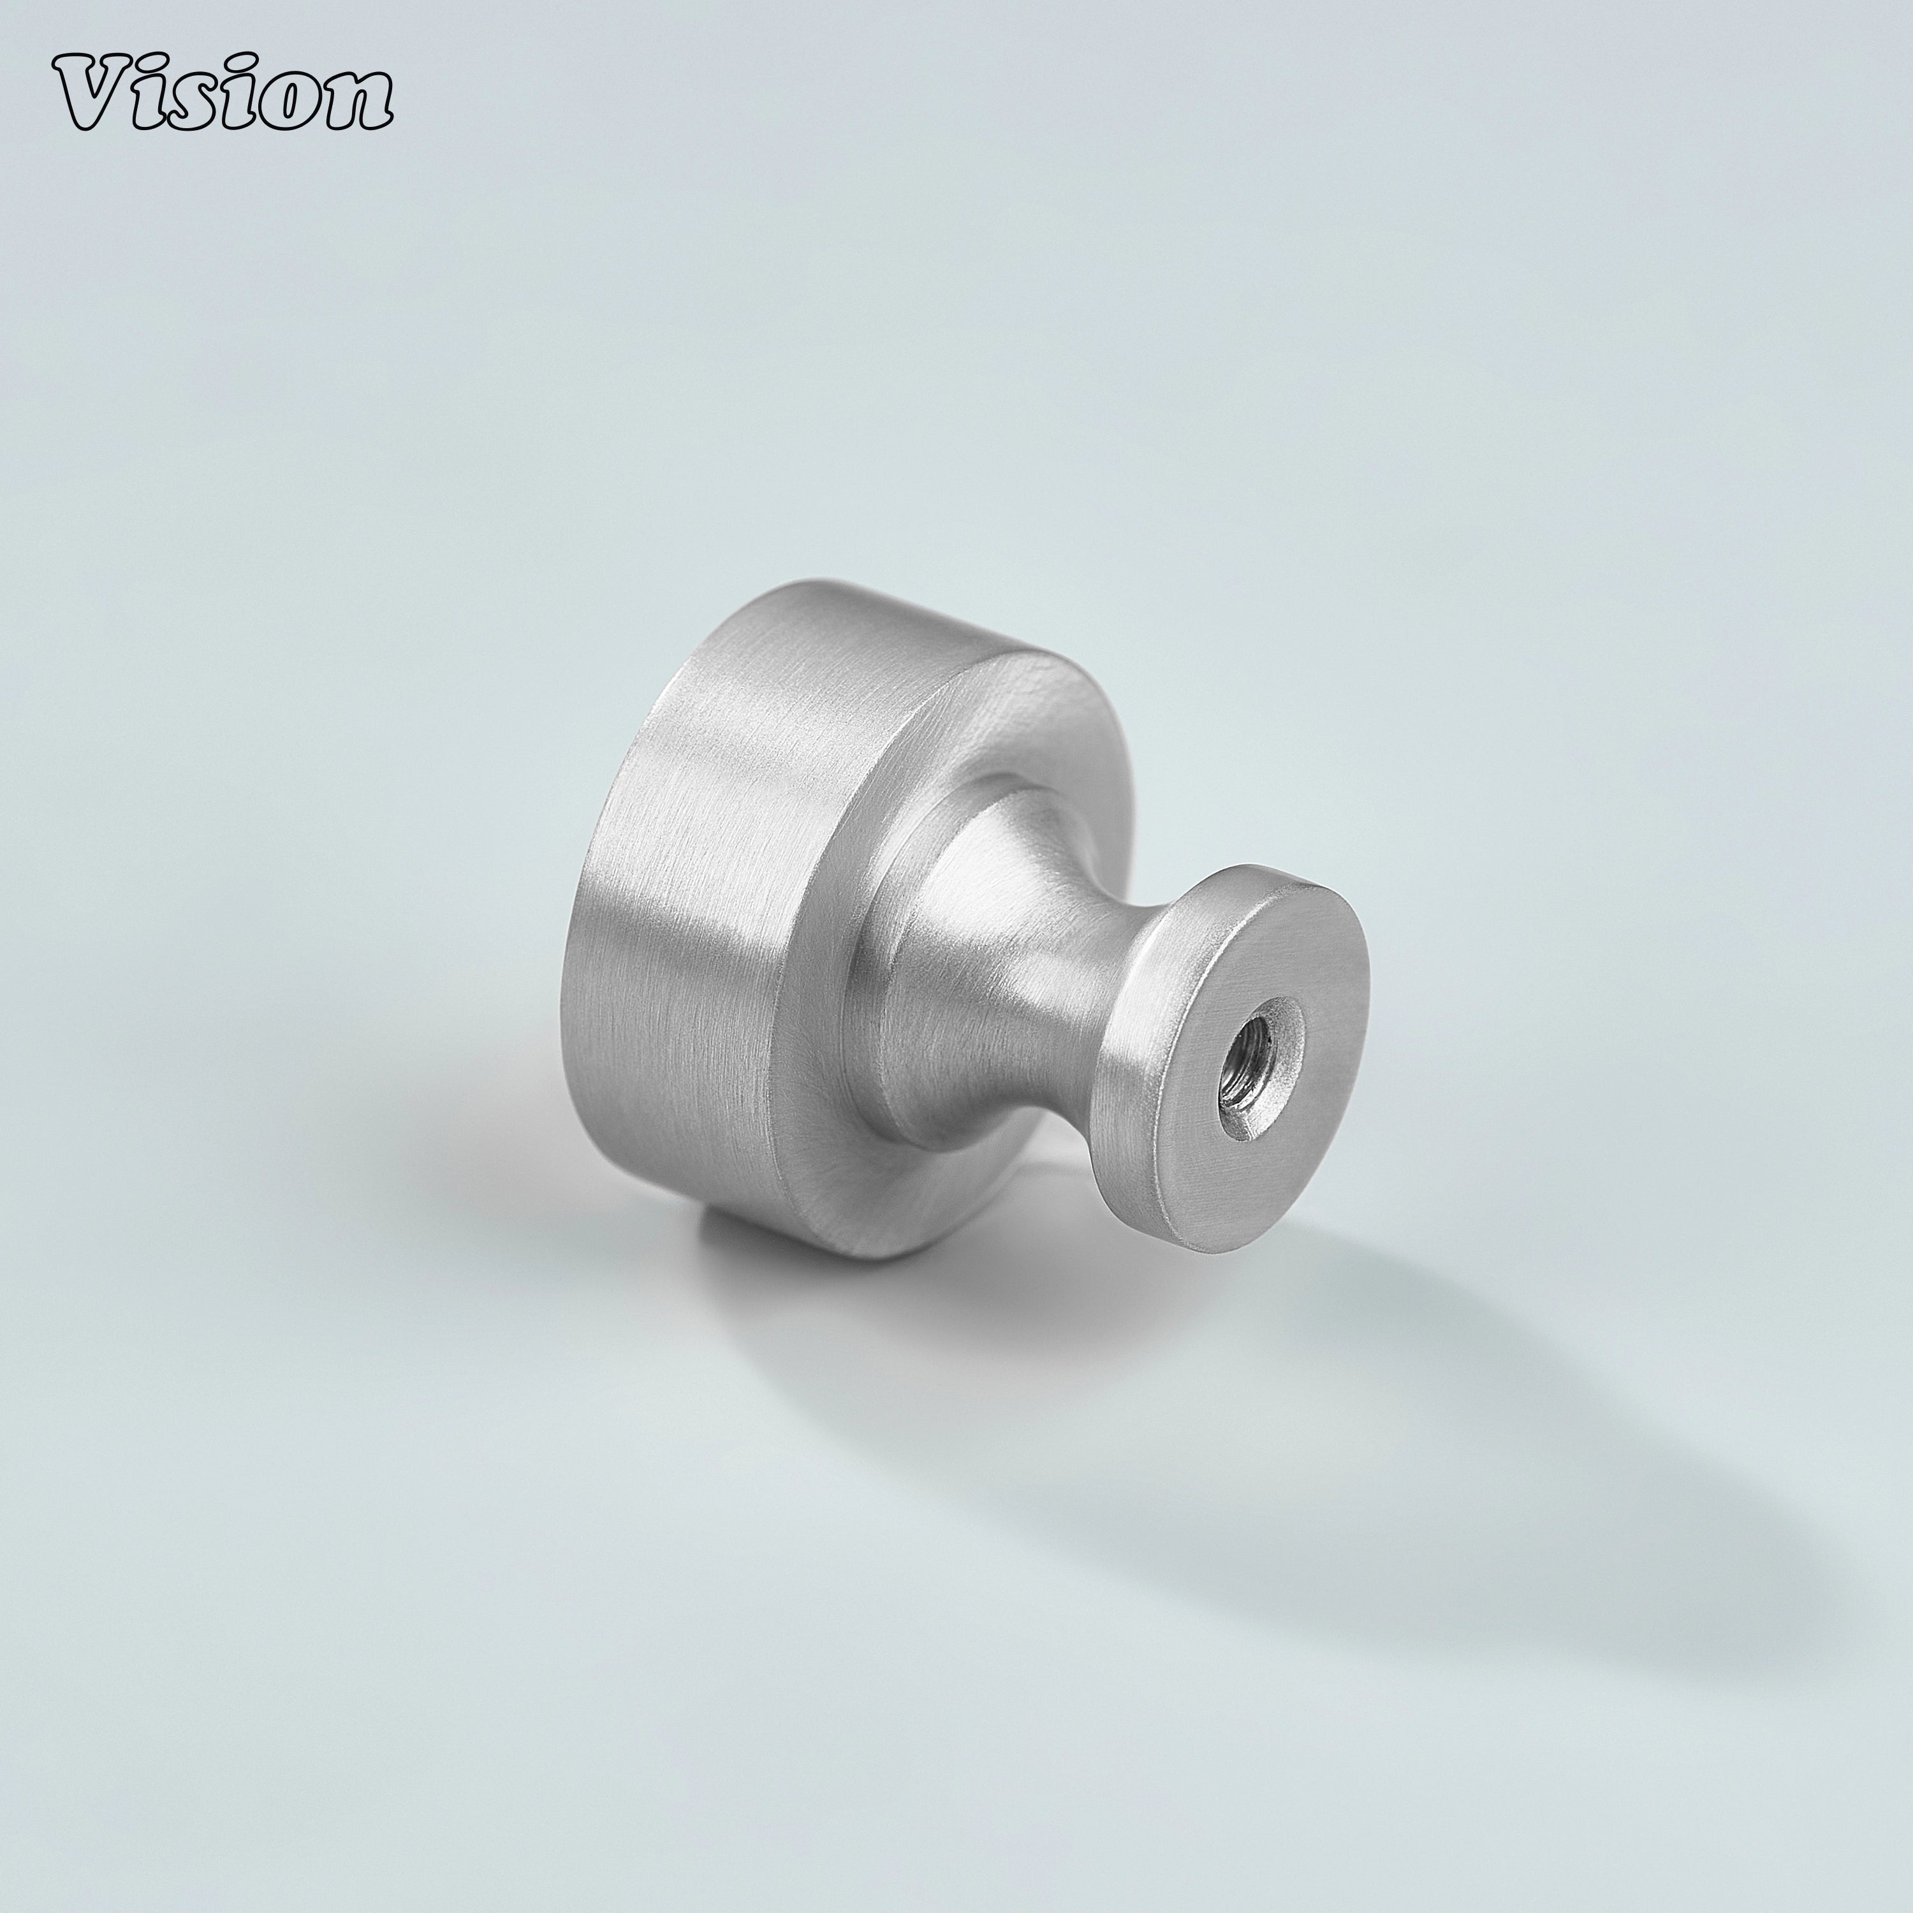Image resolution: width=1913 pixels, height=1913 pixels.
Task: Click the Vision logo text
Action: [223, 95]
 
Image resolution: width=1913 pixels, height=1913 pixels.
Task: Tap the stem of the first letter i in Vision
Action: [158, 107]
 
